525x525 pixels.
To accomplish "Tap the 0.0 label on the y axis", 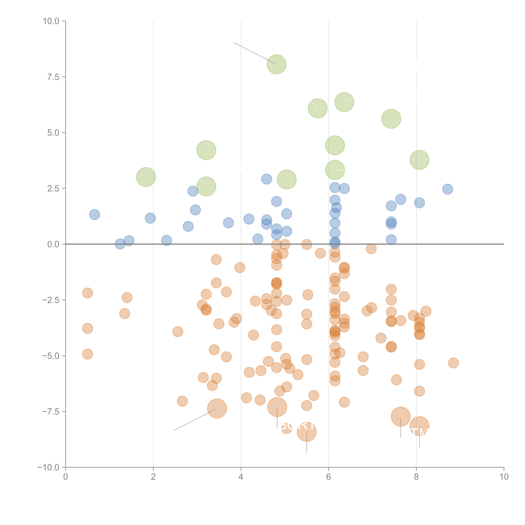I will [53, 244].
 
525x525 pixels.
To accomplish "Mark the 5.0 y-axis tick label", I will [53, 133].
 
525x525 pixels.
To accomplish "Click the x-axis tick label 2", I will [153, 477].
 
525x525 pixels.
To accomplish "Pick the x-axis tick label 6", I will [329, 477].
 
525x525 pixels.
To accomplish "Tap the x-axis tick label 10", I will [504, 477].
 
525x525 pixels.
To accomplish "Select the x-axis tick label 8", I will [416, 477].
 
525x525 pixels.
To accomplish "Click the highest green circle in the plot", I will [276, 64].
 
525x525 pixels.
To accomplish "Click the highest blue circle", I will [267, 179].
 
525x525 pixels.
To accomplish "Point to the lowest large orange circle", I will [306, 432].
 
